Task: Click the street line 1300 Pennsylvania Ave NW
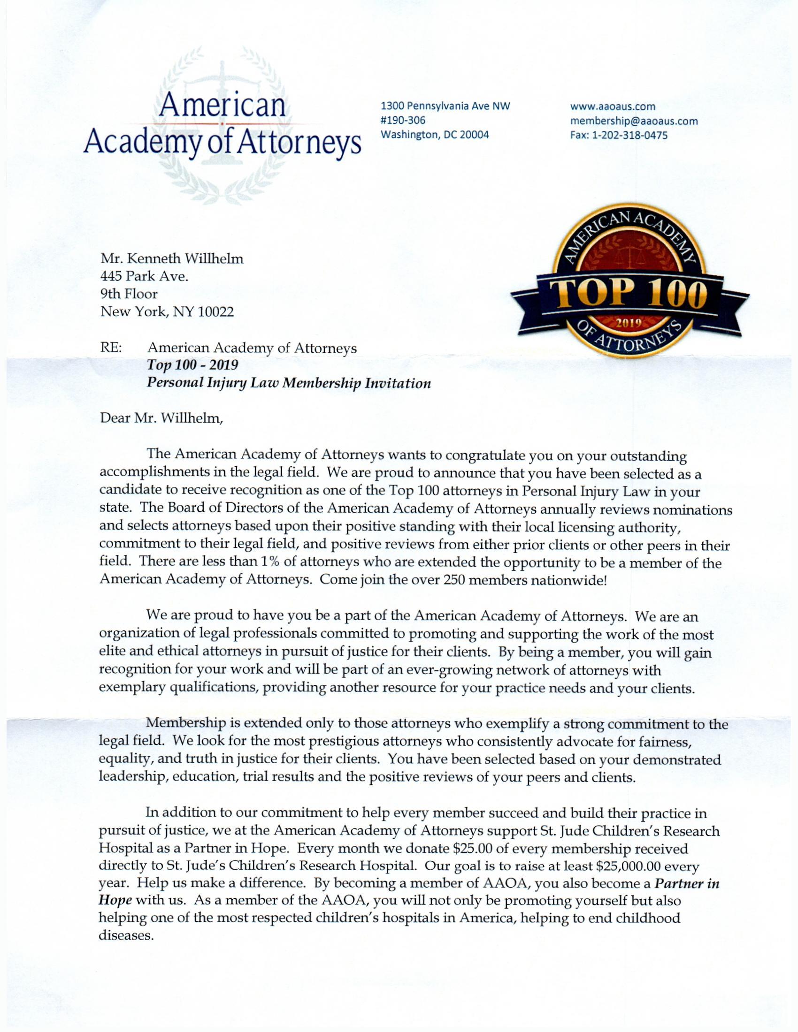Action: click(x=446, y=107)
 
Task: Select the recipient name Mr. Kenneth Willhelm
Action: click(x=172, y=258)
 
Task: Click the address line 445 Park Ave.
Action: click(x=144, y=276)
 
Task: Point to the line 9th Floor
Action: click(x=129, y=294)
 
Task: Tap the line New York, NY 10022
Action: click(x=167, y=312)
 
